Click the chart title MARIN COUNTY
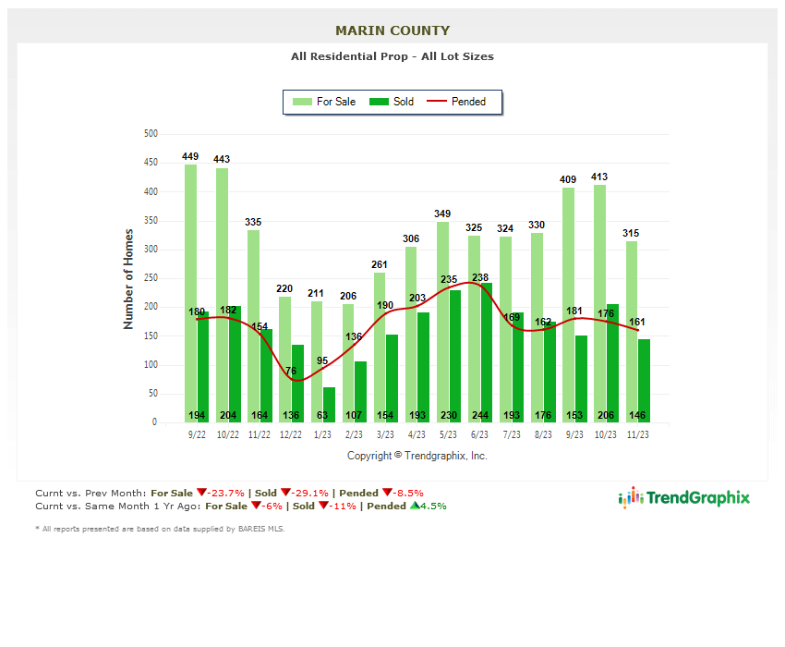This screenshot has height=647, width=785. tap(392, 31)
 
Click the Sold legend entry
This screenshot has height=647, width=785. tap(392, 102)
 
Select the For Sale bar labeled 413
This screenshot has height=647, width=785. tap(599, 296)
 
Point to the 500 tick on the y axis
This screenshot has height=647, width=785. tap(150, 134)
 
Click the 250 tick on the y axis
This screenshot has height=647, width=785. tap(150, 278)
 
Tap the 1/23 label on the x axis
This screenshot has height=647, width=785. tap(322, 433)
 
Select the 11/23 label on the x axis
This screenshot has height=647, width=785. tap(637, 433)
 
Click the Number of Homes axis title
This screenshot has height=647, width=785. tap(128, 278)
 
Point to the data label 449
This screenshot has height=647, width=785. tap(190, 157)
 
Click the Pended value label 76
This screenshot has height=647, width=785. tap(290, 372)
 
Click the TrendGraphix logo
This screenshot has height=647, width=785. tap(683, 497)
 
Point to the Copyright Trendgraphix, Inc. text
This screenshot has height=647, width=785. tap(417, 456)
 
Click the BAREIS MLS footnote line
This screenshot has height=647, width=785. tap(160, 529)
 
